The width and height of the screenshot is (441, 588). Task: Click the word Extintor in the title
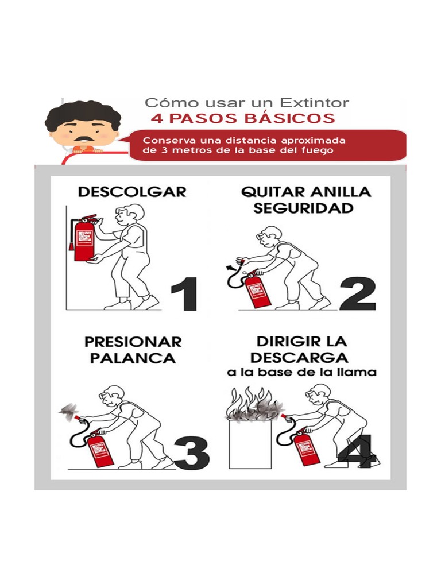tap(314, 103)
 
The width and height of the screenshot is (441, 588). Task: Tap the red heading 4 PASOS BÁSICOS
tap(242, 119)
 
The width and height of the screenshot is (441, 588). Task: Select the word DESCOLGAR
tap(132, 192)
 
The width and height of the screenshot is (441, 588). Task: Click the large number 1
tap(184, 294)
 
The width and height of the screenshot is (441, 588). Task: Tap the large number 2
tap(357, 294)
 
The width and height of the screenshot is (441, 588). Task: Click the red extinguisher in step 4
tap(307, 447)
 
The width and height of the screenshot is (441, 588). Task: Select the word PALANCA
tap(130, 358)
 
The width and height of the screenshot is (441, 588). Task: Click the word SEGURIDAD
tap(303, 208)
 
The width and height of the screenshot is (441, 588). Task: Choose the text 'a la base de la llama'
tap(301, 373)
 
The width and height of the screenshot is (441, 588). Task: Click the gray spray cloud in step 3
tap(68, 410)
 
